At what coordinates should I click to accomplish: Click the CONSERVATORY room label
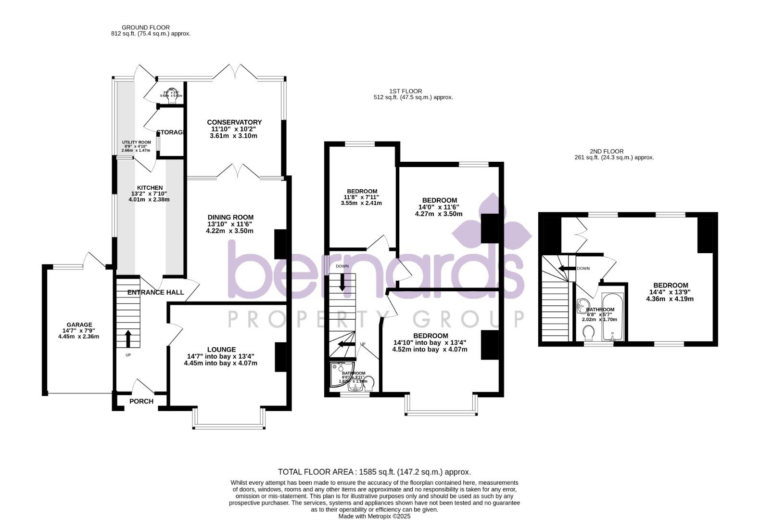click(234, 122)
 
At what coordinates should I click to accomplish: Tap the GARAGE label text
click(79, 325)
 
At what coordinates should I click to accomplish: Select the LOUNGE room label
click(221, 350)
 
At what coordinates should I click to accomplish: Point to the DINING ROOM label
click(230, 217)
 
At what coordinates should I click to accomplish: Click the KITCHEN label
click(150, 188)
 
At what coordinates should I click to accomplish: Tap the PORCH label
click(141, 401)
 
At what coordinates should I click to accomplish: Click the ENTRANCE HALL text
click(155, 292)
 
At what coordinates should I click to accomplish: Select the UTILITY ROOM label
click(136, 143)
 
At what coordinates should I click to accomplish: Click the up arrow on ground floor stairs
click(128, 338)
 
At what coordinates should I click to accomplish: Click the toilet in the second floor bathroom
click(588, 333)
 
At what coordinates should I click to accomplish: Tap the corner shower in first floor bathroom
click(341, 374)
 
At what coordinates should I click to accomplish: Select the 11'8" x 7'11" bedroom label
click(362, 191)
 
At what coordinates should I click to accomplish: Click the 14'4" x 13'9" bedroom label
click(670, 285)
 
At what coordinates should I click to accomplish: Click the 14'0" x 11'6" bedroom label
click(439, 200)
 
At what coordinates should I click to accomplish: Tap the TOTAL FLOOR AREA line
click(374, 472)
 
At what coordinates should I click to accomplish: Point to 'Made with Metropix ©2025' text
click(374, 516)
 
